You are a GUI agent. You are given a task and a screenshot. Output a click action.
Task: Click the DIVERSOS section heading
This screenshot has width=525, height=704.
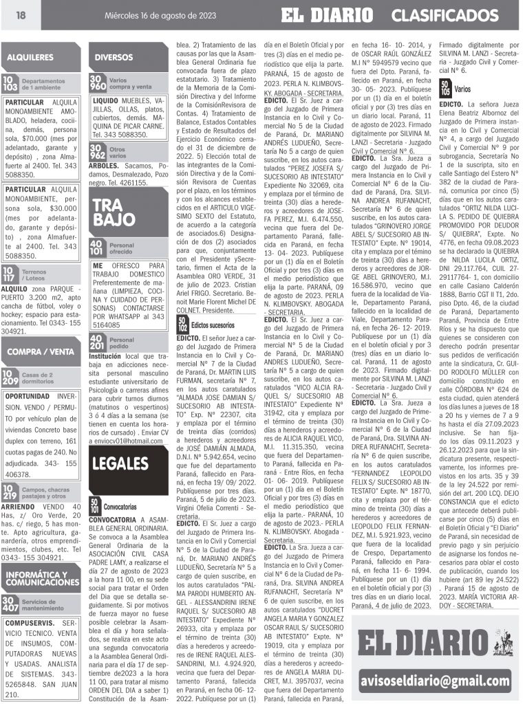pyautogui.click(x=114, y=57)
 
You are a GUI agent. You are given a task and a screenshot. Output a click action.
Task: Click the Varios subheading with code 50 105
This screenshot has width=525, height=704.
pyautogui.click(x=462, y=89)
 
